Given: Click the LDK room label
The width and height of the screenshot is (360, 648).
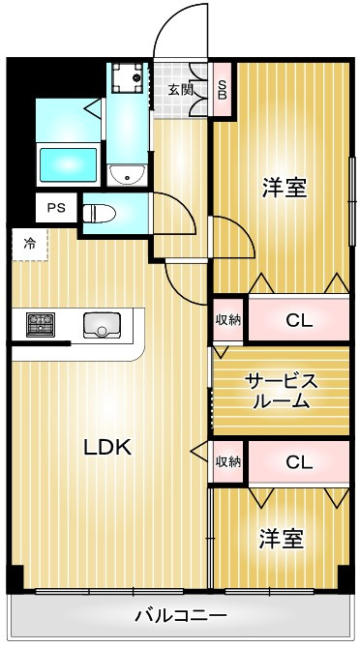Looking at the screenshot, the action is (x=107, y=447).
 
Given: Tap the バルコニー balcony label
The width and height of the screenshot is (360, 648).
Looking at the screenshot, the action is (x=181, y=617).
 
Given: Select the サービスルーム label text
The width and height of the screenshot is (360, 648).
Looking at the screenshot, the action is (x=281, y=391).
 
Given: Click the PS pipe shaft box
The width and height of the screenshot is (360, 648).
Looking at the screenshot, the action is (x=56, y=208).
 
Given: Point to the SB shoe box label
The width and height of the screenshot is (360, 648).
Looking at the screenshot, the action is (x=223, y=89).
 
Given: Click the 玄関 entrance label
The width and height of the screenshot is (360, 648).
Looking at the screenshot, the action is (x=181, y=89).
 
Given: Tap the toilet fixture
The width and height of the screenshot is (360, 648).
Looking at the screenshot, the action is (x=100, y=213).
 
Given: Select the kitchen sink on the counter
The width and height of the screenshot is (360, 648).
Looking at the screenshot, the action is (x=102, y=325).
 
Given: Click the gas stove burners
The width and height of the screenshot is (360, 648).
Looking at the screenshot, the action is (x=41, y=324).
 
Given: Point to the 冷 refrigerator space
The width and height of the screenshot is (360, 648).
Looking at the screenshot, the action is (x=30, y=245).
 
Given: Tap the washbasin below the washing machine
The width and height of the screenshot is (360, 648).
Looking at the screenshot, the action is (x=128, y=175).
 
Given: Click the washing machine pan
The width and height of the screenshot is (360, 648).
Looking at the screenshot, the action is (x=127, y=77).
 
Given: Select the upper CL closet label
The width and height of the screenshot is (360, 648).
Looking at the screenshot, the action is (x=299, y=321).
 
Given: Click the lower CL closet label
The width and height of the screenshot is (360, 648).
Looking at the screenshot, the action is (x=299, y=463).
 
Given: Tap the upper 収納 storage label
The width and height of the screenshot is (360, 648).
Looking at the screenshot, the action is (x=228, y=319).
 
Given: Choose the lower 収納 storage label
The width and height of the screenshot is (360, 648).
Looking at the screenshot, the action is (x=228, y=461).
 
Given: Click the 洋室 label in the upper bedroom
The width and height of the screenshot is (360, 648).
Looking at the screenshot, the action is (x=285, y=189).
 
